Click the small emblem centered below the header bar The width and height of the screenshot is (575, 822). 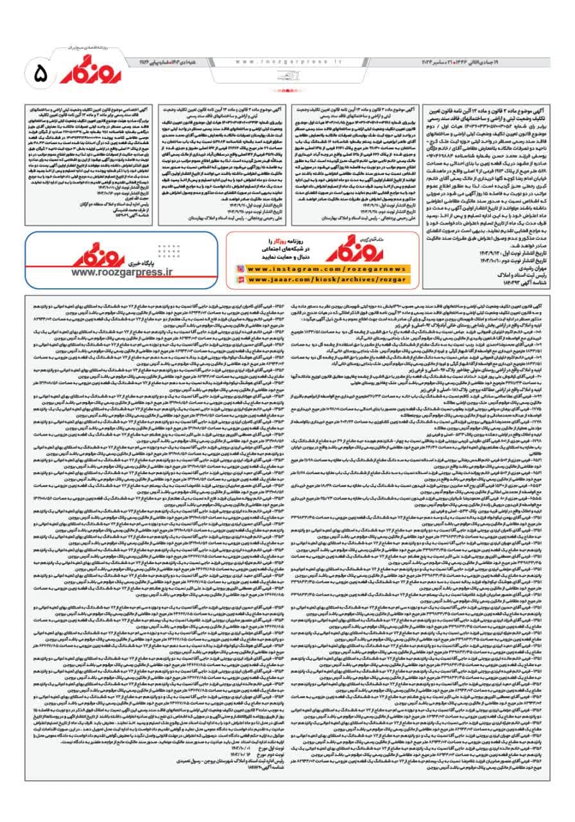pyautogui.click(x=287, y=76)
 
